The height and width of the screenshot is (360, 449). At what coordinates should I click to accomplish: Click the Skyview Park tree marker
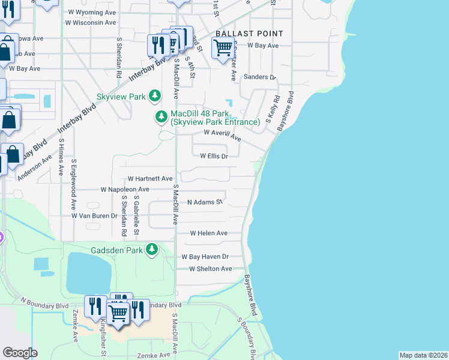click(155, 96)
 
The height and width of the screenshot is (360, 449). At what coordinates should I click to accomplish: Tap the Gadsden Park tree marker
click(152, 249)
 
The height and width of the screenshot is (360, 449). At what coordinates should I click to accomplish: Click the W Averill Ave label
click(223, 135)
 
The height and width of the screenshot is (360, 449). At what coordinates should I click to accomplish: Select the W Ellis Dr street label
click(214, 157)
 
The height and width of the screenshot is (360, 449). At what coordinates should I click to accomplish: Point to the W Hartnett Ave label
click(150, 179)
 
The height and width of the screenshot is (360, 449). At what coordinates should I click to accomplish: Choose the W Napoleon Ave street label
click(125, 189)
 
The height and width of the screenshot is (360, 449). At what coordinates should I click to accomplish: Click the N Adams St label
click(205, 202)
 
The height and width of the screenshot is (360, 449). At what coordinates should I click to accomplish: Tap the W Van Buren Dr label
click(94, 215)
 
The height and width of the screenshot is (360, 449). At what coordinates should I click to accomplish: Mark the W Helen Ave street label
click(209, 233)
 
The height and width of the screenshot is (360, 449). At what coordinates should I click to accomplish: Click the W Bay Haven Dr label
click(206, 257)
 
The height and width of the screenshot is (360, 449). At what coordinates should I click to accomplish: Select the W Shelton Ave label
click(210, 269)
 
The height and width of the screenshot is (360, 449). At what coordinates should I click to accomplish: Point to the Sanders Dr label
click(259, 77)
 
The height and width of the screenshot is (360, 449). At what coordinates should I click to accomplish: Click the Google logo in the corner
click(20, 353)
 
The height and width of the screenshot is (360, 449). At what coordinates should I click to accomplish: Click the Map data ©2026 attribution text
click(423, 355)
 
